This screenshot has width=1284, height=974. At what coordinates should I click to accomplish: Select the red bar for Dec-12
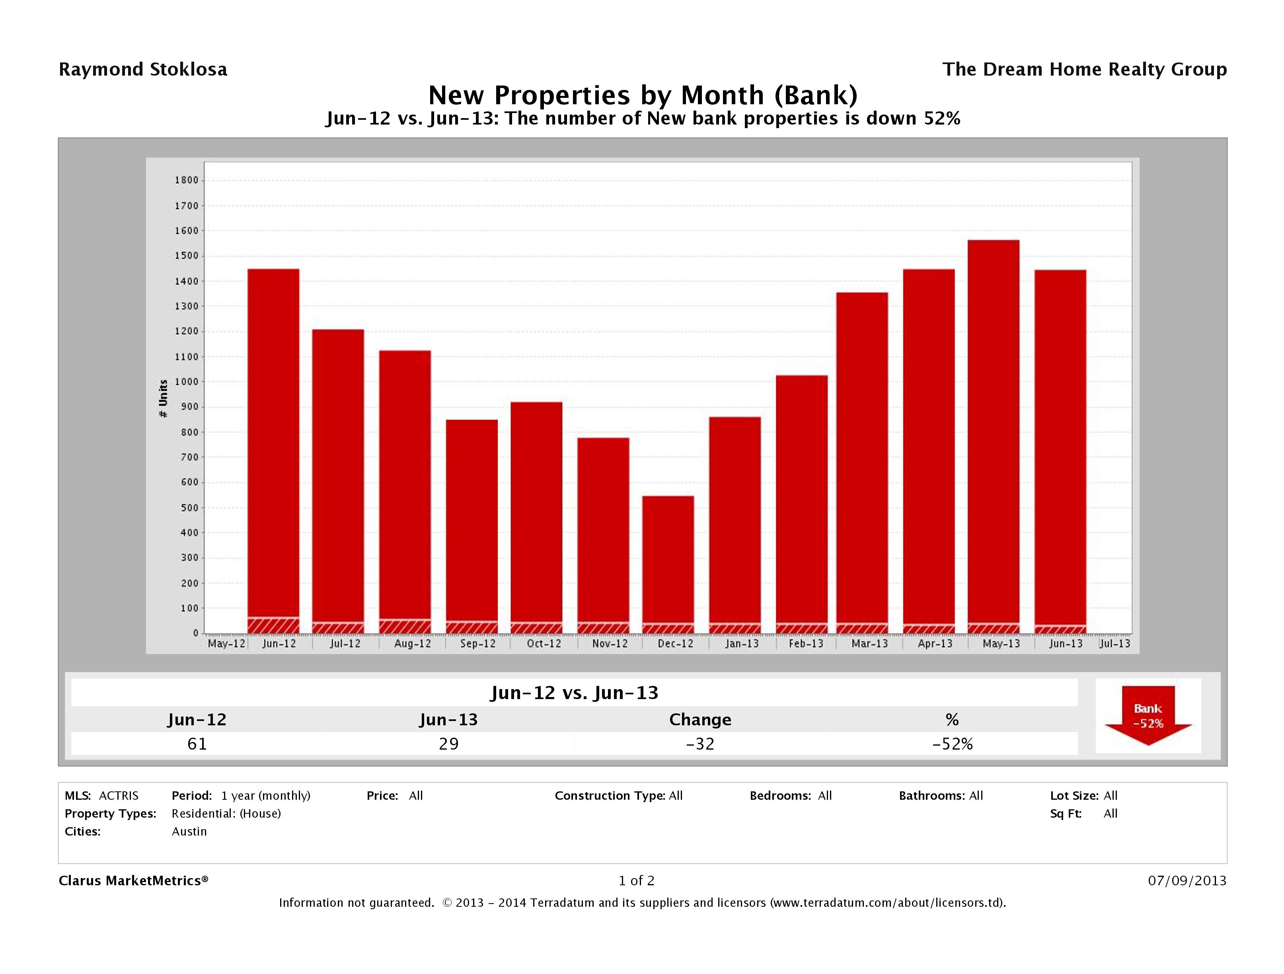(x=668, y=557)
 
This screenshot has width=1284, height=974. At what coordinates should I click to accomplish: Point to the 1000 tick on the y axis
(x=186, y=382)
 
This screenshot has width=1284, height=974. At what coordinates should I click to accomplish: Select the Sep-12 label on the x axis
(x=478, y=644)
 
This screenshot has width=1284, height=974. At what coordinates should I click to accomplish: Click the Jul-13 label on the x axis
(x=1114, y=644)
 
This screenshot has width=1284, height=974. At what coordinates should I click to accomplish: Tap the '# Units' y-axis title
(x=163, y=399)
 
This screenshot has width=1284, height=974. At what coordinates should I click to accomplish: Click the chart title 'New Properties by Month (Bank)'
(x=642, y=95)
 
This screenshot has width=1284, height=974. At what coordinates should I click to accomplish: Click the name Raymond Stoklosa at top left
(x=143, y=70)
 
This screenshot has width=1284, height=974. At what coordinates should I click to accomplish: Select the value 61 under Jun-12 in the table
(x=197, y=744)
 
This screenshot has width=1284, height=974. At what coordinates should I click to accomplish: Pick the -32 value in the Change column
(x=700, y=744)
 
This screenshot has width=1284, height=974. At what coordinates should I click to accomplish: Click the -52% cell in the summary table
(x=952, y=744)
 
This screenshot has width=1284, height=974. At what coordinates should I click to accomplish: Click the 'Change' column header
(x=700, y=720)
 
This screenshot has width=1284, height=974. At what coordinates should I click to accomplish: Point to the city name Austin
(x=189, y=831)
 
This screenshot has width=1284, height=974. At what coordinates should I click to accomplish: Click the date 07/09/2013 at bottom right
(x=1187, y=880)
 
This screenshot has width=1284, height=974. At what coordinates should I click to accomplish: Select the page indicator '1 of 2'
(x=636, y=880)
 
